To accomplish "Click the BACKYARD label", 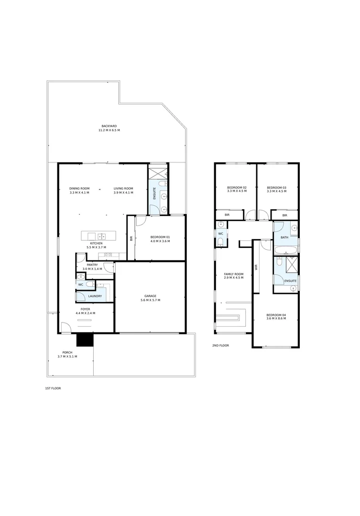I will click(109, 126).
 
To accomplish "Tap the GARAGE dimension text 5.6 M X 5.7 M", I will click(150, 300).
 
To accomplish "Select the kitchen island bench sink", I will click(101, 236).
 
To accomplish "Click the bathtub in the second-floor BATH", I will click(286, 249).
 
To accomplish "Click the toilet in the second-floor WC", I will click(220, 242).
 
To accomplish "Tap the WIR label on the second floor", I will click(256, 268).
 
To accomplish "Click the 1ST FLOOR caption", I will click(53, 388).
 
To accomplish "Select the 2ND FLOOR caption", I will click(220, 345).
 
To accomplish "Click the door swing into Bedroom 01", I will click(141, 220).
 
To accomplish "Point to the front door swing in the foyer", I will click(66, 327).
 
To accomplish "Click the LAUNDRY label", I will click(95, 297).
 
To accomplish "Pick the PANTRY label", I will click(92, 265).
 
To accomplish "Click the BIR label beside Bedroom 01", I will click(131, 238).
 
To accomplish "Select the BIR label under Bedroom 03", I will click(284, 215).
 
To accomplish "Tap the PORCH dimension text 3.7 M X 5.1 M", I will click(67, 356).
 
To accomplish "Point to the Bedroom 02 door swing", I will click(250, 215).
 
